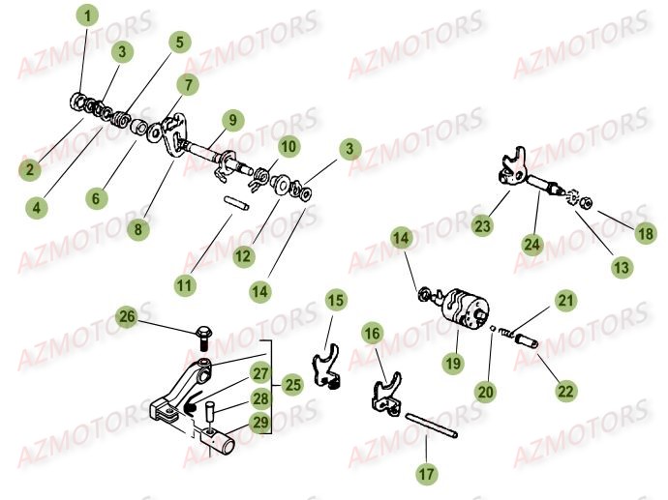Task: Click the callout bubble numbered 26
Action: click(x=127, y=316)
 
